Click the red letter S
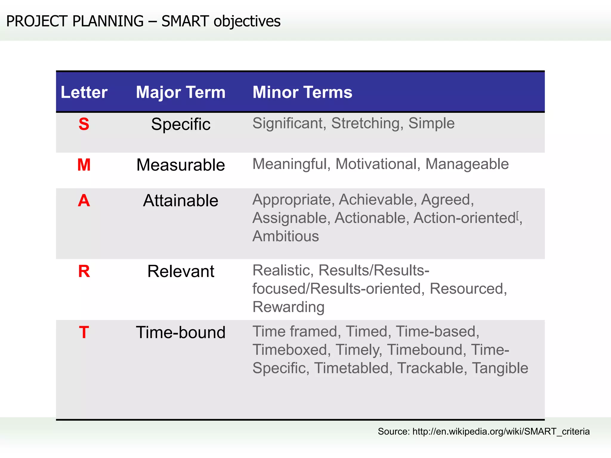click(84, 124)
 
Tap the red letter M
click(84, 165)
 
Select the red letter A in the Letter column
click(84, 200)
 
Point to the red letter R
click(84, 271)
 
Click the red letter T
click(84, 332)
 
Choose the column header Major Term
click(180, 92)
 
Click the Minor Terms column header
click(302, 92)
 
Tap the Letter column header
click(84, 92)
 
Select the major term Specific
click(180, 124)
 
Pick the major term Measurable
click(180, 165)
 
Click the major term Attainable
click(180, 200)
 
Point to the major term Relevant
click(180, 271)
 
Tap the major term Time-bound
click(180, 332)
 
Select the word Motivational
click(378, 164)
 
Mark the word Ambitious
click(286, 236)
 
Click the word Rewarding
click(288, 307)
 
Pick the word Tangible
click(500, 368)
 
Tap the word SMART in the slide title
click(185, 21)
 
